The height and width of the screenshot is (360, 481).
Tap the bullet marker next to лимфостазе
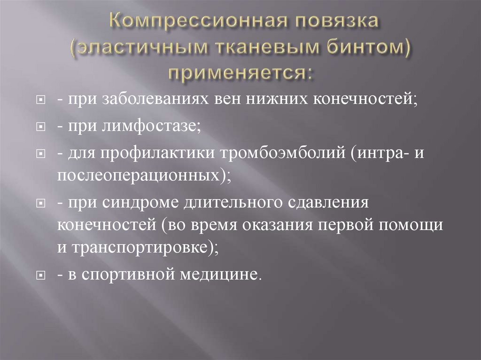[x=41, y=128]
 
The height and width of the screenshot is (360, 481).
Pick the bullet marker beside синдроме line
[x=41, y=204]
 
